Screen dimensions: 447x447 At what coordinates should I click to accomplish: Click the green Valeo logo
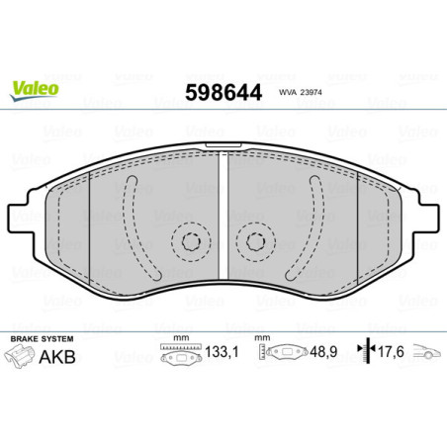pyautogui.click(x=35, y=88)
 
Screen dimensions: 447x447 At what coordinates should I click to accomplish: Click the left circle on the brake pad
pyautogui.click(x=190, y=240)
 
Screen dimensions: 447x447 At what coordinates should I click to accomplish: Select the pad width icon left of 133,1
pyautogui.click(x=176, y=353)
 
